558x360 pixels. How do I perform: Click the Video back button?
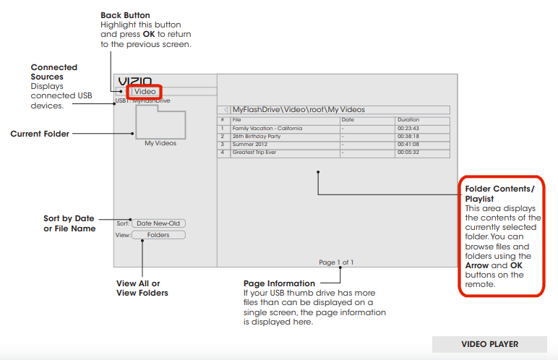(x=144, y=92)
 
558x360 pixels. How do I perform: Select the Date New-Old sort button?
(x=158, y=223)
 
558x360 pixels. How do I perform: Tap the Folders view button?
(x=158, y=235)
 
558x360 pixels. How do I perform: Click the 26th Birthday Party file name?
(x=257, y=136)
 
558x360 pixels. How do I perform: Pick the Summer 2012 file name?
(x=251, y=144)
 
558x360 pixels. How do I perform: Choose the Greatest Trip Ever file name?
(x=256, y=153)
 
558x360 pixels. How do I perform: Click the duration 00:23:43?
(x=408, y=128)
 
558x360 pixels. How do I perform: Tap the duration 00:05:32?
(x=408, y=153)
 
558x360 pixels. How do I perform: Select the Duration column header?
(x=408, y=119)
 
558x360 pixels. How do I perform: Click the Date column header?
(x=348, y=119)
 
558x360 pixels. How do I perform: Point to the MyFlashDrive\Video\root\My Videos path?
(x=299, y=110)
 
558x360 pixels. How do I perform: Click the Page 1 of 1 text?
(x=336, y=262)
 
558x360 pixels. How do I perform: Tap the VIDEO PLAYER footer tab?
(x=489, y=344)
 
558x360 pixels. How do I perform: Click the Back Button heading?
(x=126, y=15)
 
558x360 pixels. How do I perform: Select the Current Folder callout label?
(x=40, y=134)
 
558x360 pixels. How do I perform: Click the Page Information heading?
(x=279, y=283)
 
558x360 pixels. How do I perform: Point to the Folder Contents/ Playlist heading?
(x=500, y=193)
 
